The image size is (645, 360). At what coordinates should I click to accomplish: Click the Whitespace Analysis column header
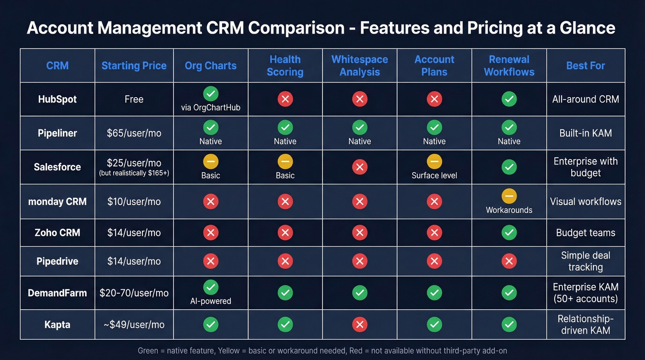click(x=359, y=65)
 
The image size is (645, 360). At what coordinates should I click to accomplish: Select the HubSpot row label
click(x=57, y=99)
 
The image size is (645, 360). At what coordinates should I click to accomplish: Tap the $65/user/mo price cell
click(x=134, y=133)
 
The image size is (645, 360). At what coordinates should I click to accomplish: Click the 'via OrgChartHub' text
click(x=211, y=108)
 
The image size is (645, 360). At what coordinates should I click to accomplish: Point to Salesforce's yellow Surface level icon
click(x=434, y=161)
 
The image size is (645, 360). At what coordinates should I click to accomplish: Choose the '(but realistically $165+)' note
click(x=134, y=173)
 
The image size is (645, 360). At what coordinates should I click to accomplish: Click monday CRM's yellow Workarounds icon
click(x=509, y=196)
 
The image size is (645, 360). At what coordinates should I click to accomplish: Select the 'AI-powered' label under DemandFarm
click(x=211, y=301)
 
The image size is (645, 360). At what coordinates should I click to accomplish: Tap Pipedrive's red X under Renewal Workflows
click(x=509, y=261)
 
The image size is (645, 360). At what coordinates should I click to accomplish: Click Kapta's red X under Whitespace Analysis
click(x=359, y=325)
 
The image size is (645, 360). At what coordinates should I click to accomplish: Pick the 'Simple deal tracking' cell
click(x=585, y=261)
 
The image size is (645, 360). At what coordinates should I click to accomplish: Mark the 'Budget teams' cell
click(x=585, y=233)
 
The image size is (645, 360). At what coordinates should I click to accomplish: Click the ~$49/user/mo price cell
click(x=134, y=325)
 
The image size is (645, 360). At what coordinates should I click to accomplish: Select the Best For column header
click(x=585, y=65)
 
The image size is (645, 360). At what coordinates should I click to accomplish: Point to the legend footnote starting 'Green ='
click(x=322, y=351)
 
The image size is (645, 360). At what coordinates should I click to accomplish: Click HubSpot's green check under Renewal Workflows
click(x=509, y=99)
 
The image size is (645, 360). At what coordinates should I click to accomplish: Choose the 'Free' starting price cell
click(x=134, y=99)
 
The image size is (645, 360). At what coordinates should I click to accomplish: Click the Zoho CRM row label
click(x=57, y=233)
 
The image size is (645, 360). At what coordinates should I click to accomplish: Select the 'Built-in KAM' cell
click(x=585, y=133)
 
